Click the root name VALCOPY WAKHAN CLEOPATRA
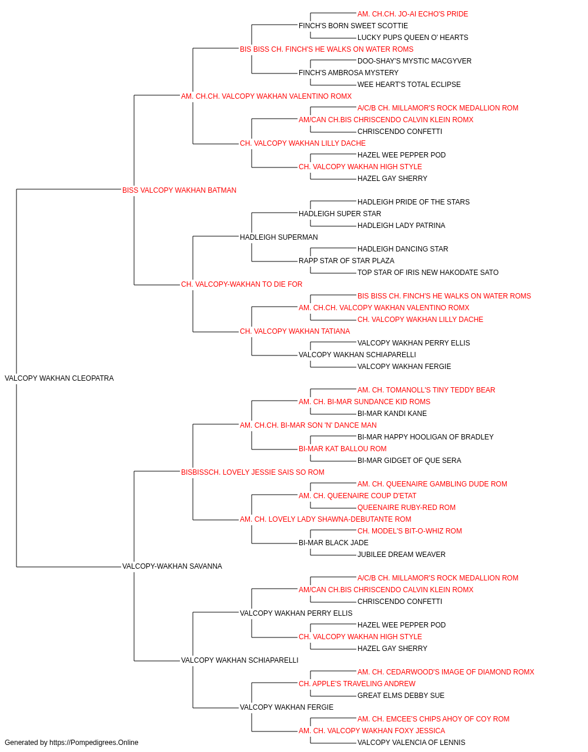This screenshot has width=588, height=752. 59,378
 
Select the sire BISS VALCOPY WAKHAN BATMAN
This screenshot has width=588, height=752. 179,190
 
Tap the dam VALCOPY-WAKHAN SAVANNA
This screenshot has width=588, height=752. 172,566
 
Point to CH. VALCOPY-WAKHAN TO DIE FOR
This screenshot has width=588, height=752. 242,284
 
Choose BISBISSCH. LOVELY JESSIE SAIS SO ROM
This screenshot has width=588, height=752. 253,472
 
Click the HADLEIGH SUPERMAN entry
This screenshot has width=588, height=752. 279,237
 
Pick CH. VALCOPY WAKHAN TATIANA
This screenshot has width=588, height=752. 295,331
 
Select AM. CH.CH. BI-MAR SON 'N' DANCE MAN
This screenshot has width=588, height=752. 308,425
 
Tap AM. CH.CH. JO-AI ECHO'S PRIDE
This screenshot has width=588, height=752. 413,14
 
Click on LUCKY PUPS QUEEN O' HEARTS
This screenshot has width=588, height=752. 413,38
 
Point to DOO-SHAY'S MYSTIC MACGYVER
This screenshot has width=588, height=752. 415,61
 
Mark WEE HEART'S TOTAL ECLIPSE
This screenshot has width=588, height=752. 409,85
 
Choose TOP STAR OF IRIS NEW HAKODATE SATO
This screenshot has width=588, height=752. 428,273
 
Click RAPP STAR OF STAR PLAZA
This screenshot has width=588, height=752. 347,261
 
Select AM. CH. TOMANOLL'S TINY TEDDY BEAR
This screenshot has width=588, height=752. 426,390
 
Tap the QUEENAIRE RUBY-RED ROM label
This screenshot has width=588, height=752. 406,508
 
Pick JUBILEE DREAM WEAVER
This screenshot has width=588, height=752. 402,555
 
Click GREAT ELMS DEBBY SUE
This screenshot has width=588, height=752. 401,695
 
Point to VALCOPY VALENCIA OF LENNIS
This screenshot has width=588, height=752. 412,743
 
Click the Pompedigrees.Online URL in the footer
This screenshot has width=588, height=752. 94,743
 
